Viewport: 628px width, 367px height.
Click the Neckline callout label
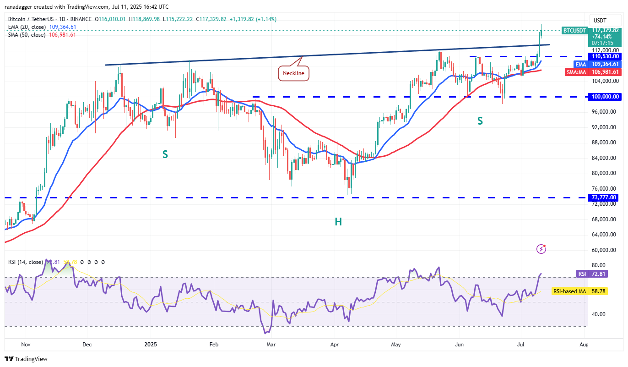point(293,73)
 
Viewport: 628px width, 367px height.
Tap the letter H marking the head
point(338,222)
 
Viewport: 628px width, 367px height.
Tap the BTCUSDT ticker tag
point(574,31)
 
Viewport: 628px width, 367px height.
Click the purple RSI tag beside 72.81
point(582,274)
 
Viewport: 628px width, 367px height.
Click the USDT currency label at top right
point(600,21)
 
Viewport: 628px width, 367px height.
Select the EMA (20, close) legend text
point(27,27)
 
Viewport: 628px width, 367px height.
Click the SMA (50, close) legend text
point(27,35)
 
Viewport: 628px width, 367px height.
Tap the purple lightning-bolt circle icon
point(541,249)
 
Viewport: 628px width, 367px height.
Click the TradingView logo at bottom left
point(27,359)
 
